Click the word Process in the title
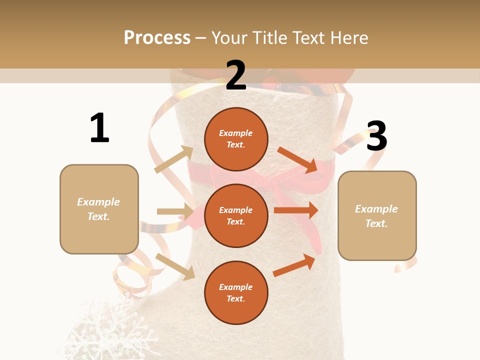click(x=157, y=38)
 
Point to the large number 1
click(x=99, y=128)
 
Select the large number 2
click(x=236, y=75)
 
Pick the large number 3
click(x=376, y=136)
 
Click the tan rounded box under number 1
click(x=99, y=209)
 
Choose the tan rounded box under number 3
click(x=377, y=216)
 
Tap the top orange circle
click(x=236, y=139)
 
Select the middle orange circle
click(x=236, y=215)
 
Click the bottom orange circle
click(x=236, y=292)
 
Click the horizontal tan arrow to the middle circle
click(x=175, y=211)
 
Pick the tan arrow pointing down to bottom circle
click(x=175, y=266)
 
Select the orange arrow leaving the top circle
click(x=297, y=159)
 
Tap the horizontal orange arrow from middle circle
click(x=296, y=210)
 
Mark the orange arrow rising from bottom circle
click(x=294, y=265)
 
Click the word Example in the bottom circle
click(x=236, y=287)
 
